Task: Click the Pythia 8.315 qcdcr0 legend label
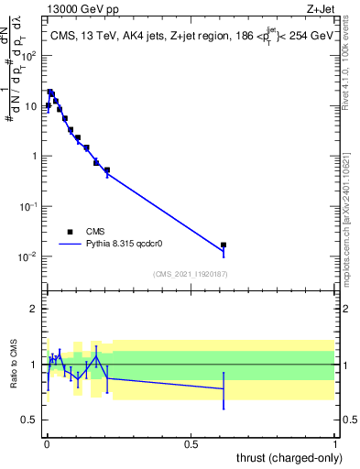click(130, 245)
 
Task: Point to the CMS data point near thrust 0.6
click(224, 245)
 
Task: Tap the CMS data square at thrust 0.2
click(107, 170)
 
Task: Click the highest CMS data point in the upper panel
click(50, 93)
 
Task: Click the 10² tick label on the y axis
click(28, 56)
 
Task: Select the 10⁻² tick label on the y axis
click(28, 256)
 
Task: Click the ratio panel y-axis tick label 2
click(33, 309)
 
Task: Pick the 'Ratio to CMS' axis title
click(12, 364)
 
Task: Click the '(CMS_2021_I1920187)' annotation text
click(191, 274)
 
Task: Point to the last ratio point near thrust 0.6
click(224, 388)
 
